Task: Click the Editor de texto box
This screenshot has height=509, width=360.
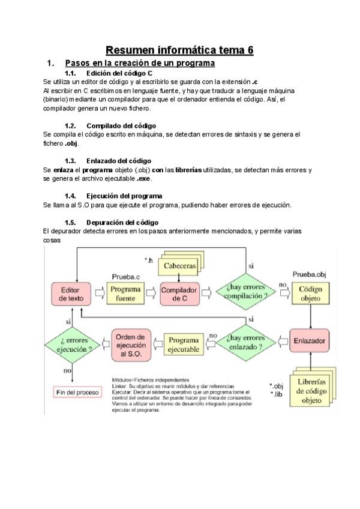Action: point(72,294)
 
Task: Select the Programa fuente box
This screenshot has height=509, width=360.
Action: point(126,294)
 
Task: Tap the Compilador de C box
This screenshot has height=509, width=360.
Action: point(179,294)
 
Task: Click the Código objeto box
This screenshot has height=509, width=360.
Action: point(310,294)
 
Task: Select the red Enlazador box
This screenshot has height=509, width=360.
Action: point(310,341)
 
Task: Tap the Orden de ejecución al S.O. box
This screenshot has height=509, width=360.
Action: point(131,344)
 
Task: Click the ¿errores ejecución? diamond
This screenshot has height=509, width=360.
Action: point(72,344)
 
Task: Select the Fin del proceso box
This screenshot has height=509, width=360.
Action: point(77,392)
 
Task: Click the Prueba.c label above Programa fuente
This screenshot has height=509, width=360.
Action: point(126,277)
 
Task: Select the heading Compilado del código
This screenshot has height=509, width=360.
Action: point(121,126)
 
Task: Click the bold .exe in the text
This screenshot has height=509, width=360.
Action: point(144,178)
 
